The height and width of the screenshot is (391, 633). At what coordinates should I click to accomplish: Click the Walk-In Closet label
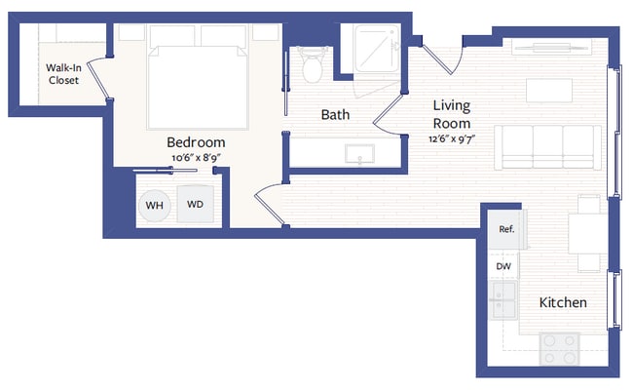[63, 74]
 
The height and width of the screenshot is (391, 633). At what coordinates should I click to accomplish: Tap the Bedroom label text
[197, 142]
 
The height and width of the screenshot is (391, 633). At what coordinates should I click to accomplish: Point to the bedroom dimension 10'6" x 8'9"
[197, 157]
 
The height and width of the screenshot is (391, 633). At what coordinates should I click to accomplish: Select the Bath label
[335, 114]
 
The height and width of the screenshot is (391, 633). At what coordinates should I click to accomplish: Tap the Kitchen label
[563, 302]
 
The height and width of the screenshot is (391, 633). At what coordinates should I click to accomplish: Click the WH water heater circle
[154, 206]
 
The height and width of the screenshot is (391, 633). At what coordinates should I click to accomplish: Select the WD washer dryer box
[195, 206]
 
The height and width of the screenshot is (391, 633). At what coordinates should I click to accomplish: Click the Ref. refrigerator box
[505, 230]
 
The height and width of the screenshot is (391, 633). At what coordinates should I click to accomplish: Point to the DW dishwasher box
[503, 265]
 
